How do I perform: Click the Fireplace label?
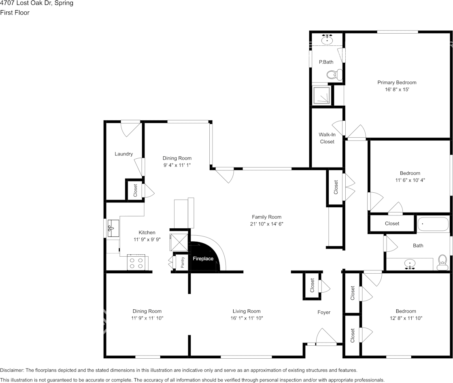[203, 259]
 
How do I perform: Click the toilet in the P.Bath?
[334, 75]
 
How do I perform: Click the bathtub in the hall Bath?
[433, 224]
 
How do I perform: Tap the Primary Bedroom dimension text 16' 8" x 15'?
[397, 89]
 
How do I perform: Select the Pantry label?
[183, 262]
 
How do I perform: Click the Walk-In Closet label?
[327, 138]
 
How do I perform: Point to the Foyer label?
[324, 312]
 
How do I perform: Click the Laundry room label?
[123, 154]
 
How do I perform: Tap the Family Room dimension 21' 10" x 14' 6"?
[266, 224]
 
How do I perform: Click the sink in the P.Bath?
[327, 40]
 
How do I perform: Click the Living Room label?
[247, 311]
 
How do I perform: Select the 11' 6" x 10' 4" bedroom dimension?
[410, 180]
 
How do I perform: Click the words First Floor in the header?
[15, 13]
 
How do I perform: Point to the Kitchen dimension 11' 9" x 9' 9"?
[147, 239]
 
